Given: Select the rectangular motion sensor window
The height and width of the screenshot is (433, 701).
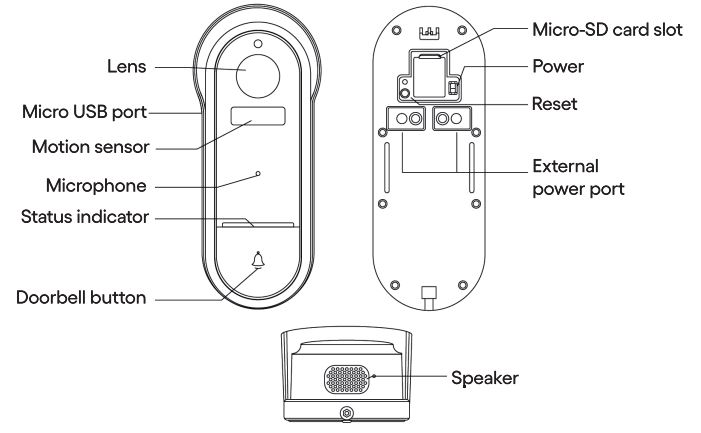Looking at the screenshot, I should [x=258, y=117].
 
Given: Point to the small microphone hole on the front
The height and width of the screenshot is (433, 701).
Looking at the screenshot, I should [x=258, y=174].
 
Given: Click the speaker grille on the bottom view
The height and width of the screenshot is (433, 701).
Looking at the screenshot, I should [x=347, y=380].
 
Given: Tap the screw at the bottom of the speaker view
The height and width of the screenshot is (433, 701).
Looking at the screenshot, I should [x=346, y=413].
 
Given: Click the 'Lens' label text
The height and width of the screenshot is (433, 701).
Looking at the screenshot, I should [x=128, y=67].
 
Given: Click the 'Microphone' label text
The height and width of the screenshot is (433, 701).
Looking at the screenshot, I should [x=97, y=185].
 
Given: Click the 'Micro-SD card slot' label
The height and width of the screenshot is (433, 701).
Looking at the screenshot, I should [x=607, y=30].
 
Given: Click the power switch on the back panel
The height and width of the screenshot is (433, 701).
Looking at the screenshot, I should [x=450, y=89].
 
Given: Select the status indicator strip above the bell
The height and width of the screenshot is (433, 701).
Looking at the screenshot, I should [x=258, y=225].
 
